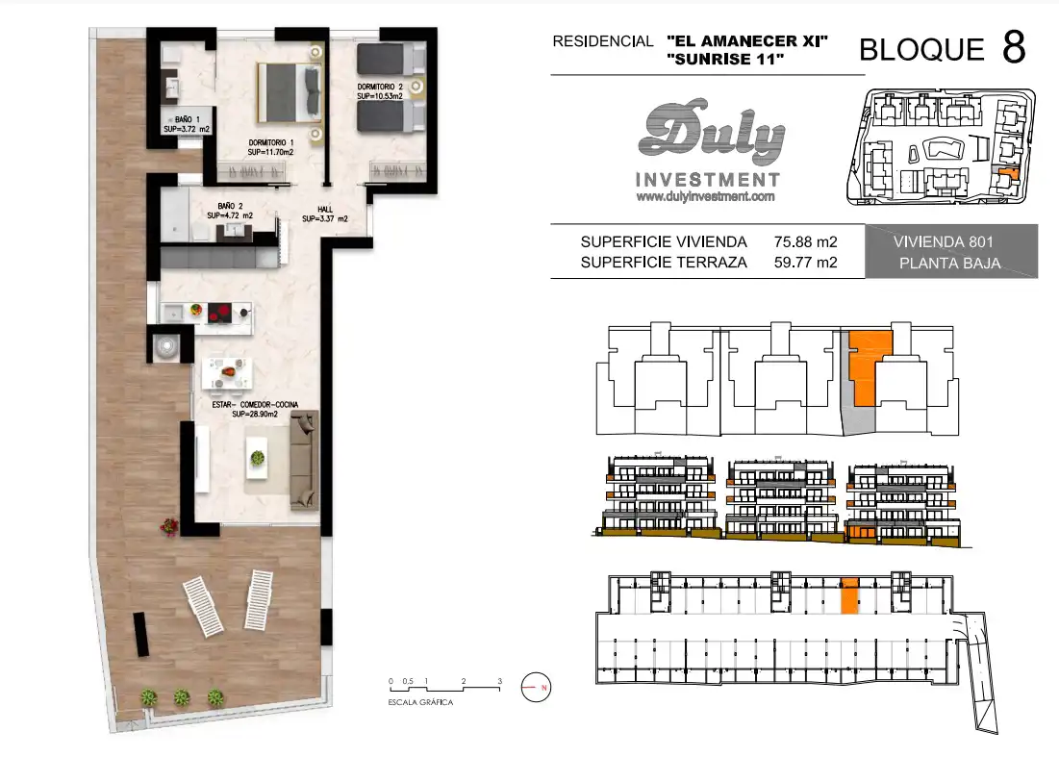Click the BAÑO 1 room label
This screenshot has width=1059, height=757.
point(187,124)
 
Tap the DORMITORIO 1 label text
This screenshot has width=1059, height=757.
point(271,147)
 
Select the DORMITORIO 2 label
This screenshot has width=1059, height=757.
point(380,91)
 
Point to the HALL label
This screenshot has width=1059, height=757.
point(325,214)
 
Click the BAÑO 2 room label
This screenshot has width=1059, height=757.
point(230,211)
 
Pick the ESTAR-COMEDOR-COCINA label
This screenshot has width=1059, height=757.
point(255,409)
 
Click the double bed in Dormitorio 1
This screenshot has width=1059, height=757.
point(290,93)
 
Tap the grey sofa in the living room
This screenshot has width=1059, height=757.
point(304,461)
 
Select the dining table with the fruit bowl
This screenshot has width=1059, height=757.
point(228,373)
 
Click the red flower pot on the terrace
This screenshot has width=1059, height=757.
point(169,526)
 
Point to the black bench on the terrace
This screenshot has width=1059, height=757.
point(140,634)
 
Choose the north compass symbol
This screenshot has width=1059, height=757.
point(537,688)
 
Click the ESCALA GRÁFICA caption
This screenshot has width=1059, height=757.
point(420,702)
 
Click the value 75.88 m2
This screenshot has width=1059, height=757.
point(806,241)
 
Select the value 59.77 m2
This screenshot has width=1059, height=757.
point(806,262)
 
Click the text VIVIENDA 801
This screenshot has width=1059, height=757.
point(943,241)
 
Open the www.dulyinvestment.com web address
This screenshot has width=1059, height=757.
point(705,196)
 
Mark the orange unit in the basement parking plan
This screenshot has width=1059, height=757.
point(849,595)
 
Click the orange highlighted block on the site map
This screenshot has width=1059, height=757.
point(1007,174)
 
